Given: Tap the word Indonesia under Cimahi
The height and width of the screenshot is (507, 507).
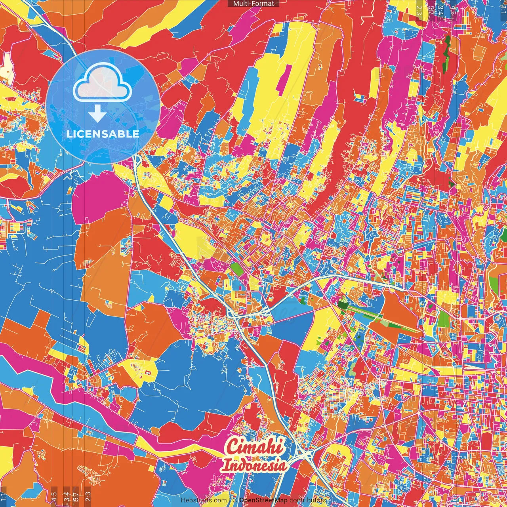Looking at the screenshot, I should [x=254, y=465].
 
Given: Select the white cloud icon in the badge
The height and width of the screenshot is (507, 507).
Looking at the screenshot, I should [x=103, y=85].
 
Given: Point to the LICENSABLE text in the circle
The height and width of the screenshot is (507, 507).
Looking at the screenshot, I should [x=103, y=134].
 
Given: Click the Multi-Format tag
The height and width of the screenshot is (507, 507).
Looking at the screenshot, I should [x=253, y=4].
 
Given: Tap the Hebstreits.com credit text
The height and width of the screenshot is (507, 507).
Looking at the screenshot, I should [x=204, y=500].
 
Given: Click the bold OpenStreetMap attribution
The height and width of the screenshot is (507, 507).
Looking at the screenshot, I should [x=263, y=500].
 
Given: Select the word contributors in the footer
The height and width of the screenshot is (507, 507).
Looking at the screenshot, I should [x=308, y=500].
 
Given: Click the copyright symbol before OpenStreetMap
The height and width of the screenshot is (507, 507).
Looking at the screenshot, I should [x=235, y=500].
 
